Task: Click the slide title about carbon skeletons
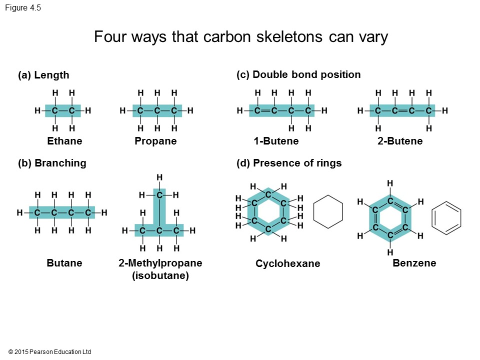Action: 240,37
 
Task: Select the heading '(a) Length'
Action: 43,75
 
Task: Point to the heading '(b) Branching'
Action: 52,163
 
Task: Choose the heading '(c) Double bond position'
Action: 298,74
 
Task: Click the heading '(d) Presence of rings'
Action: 288,163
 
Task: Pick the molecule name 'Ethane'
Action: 64,141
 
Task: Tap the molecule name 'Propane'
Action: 155,141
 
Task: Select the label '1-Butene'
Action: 275,141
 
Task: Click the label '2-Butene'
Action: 400,141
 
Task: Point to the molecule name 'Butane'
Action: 64,263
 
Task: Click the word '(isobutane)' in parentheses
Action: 160,275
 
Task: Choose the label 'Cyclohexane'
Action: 287,263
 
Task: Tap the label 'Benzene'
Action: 414,262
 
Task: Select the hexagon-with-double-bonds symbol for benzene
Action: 446,218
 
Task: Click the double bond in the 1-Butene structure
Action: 265,110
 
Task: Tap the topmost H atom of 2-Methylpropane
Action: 159,177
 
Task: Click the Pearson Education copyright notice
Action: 49,352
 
